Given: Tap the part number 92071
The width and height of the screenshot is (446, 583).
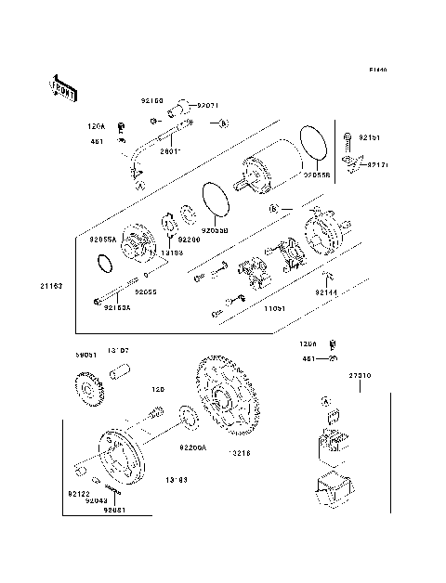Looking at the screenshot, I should (x=207, y=106).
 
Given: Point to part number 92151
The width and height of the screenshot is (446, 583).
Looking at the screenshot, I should (x=368, y=138).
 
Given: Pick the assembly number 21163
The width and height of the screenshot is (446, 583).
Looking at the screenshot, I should (x=50, y=285).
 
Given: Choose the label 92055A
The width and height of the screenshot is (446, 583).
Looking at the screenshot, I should (x=102, y=239).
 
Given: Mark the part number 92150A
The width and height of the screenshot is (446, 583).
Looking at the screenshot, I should (x=118, y=307).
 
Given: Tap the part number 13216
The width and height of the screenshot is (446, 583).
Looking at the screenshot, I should (x=242, y=453).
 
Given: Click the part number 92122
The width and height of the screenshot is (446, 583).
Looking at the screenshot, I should (x=78, y=494).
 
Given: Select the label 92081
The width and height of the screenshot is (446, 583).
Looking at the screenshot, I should (x=115, y=510).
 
